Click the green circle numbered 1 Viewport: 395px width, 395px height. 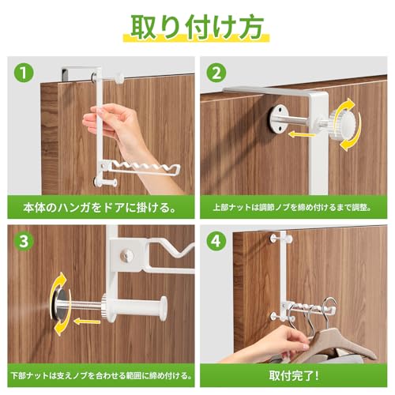(x=24, y=73)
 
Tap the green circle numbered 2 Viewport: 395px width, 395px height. (x=216, y=73)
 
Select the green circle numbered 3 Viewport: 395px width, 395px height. (x=24, y=241)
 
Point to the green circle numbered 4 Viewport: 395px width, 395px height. (x=216, y=241)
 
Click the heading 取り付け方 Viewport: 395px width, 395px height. (x=197, y=27)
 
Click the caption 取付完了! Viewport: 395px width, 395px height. (x=294, y=375)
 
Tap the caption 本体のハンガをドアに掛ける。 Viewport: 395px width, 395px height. (x=100, y=208)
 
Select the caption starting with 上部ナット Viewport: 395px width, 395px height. (x=292, y=208)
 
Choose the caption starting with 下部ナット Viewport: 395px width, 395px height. (x=101, y=375)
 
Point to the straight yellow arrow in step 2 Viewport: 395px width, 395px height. (x=302, y=135)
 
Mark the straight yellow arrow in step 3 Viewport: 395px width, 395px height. (x=87, y=322)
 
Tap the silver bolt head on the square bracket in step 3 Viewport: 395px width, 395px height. (x=126, y=255)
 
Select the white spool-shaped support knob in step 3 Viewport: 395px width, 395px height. (x=137, y=307)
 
